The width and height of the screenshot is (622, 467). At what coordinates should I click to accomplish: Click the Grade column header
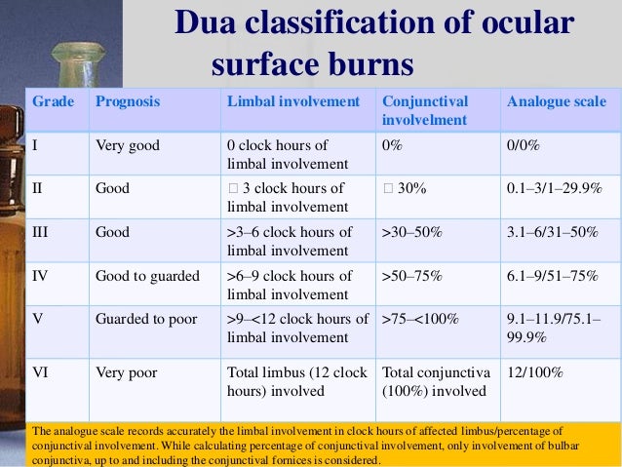click(53, 101)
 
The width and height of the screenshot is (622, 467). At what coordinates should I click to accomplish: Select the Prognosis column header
click(128, 101)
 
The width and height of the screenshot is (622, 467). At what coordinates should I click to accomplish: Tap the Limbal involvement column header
click(292, 101)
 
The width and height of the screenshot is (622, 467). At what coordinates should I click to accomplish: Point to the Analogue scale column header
click(557, 101)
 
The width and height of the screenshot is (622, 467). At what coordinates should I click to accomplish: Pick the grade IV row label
click(42, 276)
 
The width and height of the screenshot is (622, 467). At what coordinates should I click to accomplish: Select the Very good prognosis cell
click(127, 145)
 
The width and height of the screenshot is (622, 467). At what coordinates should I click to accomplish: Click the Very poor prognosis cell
click(126, 371)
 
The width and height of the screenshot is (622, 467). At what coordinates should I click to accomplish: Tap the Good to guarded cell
click(145, 276)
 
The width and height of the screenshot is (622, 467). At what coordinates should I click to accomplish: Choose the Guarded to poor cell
click(145, 319)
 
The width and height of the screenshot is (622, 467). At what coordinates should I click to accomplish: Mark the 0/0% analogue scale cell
click(524, 145)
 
